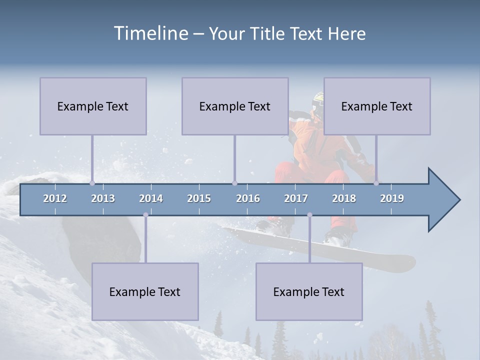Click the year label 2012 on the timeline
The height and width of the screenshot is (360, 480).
point(55,198)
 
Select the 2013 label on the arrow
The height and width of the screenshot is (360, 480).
point(103,198)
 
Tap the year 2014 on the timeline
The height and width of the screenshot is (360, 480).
point(151,198)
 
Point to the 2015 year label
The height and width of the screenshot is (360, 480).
point(199,198)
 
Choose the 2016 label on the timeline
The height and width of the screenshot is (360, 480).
point(248,198)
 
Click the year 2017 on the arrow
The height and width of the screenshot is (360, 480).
point(296,198)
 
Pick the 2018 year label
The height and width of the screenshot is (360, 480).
point(344,198)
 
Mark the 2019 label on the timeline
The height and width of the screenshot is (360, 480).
point(392,198)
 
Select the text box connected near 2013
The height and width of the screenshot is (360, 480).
point(93,106)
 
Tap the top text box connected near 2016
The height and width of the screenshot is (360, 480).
point(235,106)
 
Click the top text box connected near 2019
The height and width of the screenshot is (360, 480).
point(377,106)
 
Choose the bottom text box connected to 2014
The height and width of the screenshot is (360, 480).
point(145,291)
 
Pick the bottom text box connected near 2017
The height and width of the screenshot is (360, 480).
point(309,291)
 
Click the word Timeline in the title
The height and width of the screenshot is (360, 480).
point(150,33)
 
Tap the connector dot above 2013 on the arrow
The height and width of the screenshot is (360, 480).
point(92,183)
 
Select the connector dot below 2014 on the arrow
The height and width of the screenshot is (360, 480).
point(145,215)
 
